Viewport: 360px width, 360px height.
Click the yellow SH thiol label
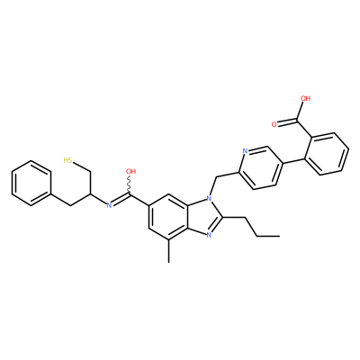(67, 160)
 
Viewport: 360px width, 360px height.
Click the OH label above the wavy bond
(131, 172)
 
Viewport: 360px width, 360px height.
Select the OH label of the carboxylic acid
(305, 98)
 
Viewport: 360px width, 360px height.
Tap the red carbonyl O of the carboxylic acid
(274, 124)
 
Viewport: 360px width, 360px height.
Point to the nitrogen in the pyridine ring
(245, 151)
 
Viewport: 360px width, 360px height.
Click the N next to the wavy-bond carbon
(109, 205)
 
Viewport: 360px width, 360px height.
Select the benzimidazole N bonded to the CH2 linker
(209, 198)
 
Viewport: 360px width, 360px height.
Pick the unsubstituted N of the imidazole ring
(209, 235)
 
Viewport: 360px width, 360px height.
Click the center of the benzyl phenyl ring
(31, 184)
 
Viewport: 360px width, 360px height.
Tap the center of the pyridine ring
(260, 169)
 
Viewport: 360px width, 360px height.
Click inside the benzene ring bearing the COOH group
(329, 153)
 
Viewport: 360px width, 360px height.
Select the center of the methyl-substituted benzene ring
(169, 217)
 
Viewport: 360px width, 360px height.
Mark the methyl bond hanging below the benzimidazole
(169, 251)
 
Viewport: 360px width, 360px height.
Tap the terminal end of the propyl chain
(280, 237)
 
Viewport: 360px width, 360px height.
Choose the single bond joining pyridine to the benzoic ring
(294, 159)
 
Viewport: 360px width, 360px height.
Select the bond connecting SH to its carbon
(81, 167)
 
